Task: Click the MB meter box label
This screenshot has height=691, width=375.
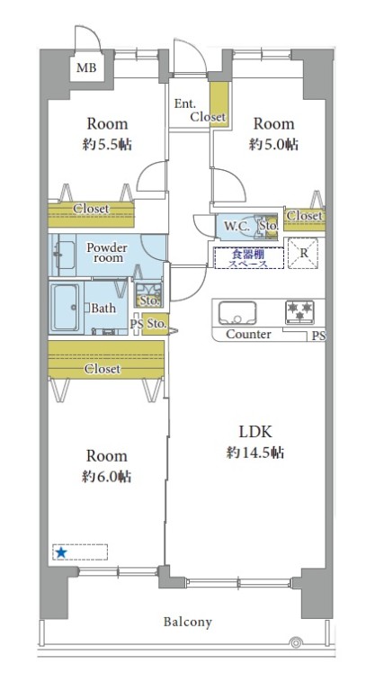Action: point(86,67)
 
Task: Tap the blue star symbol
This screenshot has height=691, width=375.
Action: point(61,552)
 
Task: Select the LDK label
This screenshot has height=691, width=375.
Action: point(255,432)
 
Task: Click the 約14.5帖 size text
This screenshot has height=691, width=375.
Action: point(255,453)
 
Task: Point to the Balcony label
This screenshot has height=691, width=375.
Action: point(188,622)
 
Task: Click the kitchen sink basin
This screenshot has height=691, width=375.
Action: point(237,312)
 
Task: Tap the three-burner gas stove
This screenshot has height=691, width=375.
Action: point(300,311)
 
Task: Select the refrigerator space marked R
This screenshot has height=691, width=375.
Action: point(303,254)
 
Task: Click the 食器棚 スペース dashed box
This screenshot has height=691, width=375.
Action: point(248,258)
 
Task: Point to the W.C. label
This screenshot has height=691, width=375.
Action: point(237,227)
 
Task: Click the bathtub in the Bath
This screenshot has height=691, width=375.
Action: point(66,308)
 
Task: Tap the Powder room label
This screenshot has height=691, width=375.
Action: point(107,252)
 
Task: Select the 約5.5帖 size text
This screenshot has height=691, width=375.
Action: point(108,144)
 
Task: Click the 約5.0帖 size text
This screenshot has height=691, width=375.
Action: point(273,144)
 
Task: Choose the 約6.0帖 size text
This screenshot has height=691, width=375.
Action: point(107,476)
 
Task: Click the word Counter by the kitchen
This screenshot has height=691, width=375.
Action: point(248,335)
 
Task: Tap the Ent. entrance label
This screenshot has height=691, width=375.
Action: point(184,104)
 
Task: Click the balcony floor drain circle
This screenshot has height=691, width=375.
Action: point(295,642)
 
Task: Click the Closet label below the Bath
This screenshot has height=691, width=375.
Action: point(103,368)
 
